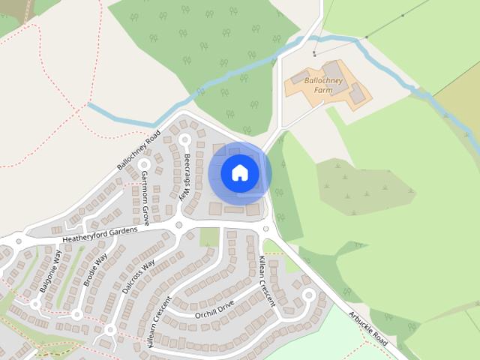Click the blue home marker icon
click(239, 173)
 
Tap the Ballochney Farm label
click(322, 85)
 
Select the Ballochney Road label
click(139, 150)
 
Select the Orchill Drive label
click(214, 309)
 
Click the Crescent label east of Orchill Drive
click(267, 281)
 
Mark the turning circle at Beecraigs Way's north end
click(184, 139)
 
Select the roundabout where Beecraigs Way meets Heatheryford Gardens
click(178, 224)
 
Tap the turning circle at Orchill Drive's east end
click(307, 295)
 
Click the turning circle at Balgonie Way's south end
click(36, 304)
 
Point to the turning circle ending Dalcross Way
click(110, 329)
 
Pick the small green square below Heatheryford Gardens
click(209, 237)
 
